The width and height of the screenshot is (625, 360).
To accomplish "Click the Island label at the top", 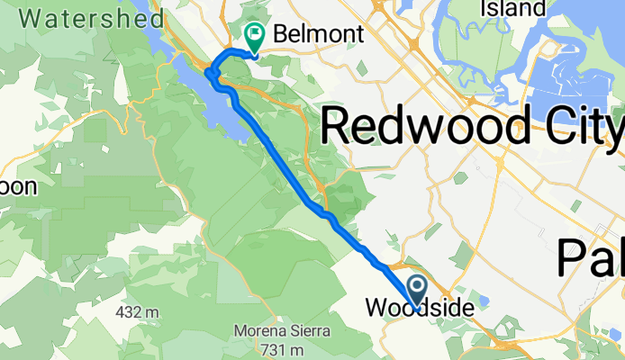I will click(513, 8).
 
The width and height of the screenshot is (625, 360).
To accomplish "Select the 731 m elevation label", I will click(281, 349).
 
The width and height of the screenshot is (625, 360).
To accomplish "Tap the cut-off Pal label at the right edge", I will click(590, 257).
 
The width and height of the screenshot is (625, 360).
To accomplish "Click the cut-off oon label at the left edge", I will click(17, 187).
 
